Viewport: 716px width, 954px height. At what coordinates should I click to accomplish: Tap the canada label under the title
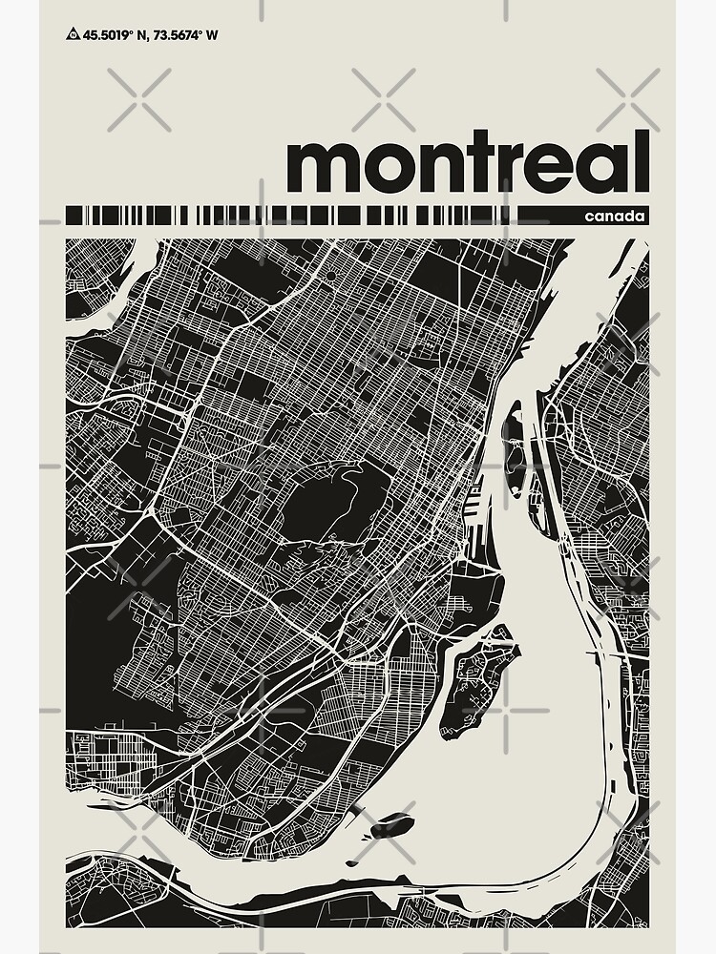(x=617, y=217)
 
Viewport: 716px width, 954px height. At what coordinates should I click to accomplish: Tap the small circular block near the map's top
(x=329, y=276)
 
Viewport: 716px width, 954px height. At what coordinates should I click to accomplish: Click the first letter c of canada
(x=593, y=218)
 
